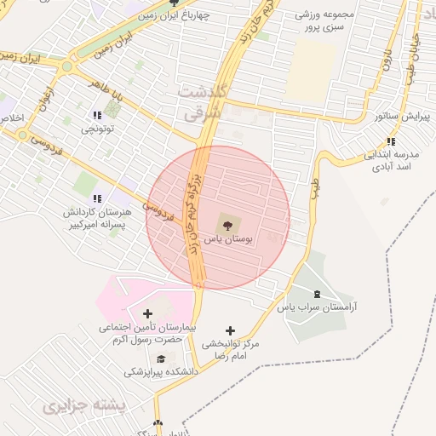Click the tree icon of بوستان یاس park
click(x=227, y=226)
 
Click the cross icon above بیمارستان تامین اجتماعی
click(x=148, y=315)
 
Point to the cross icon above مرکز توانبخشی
click(x=229, y=330)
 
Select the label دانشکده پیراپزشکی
click(x=161, y=372)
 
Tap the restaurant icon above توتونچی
click(x=95, y=114)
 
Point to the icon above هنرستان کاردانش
click(x=95, y=198)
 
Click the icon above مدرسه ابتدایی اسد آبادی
click(x=391, y=141)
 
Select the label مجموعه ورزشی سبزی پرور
click(x=324, y=20)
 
